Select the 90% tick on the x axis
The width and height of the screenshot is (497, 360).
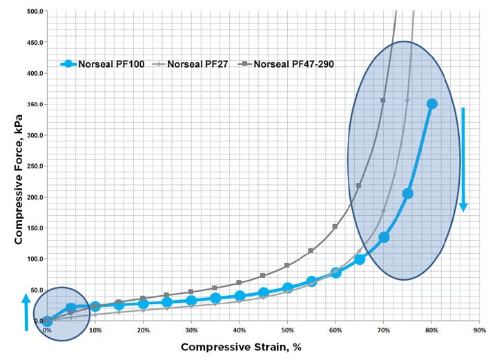coord(480,330)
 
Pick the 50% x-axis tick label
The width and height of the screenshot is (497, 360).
coord(287,330)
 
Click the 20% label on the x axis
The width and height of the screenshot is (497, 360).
coord(143,330)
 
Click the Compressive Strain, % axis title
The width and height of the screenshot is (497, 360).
coord(241,347)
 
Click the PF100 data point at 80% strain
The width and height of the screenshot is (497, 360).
coord(432,104)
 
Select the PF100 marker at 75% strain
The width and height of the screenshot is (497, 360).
coord(408,194)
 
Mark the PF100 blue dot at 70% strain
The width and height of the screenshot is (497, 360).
coord(384,237)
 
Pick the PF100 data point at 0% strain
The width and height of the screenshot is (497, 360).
coord(47,321)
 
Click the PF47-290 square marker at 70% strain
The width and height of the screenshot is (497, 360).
coord(383,101)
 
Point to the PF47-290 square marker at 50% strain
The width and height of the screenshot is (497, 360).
coord(287,266)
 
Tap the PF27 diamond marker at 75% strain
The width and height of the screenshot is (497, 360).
coord(407,101)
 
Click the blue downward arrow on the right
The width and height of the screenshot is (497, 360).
coord(464,159)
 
